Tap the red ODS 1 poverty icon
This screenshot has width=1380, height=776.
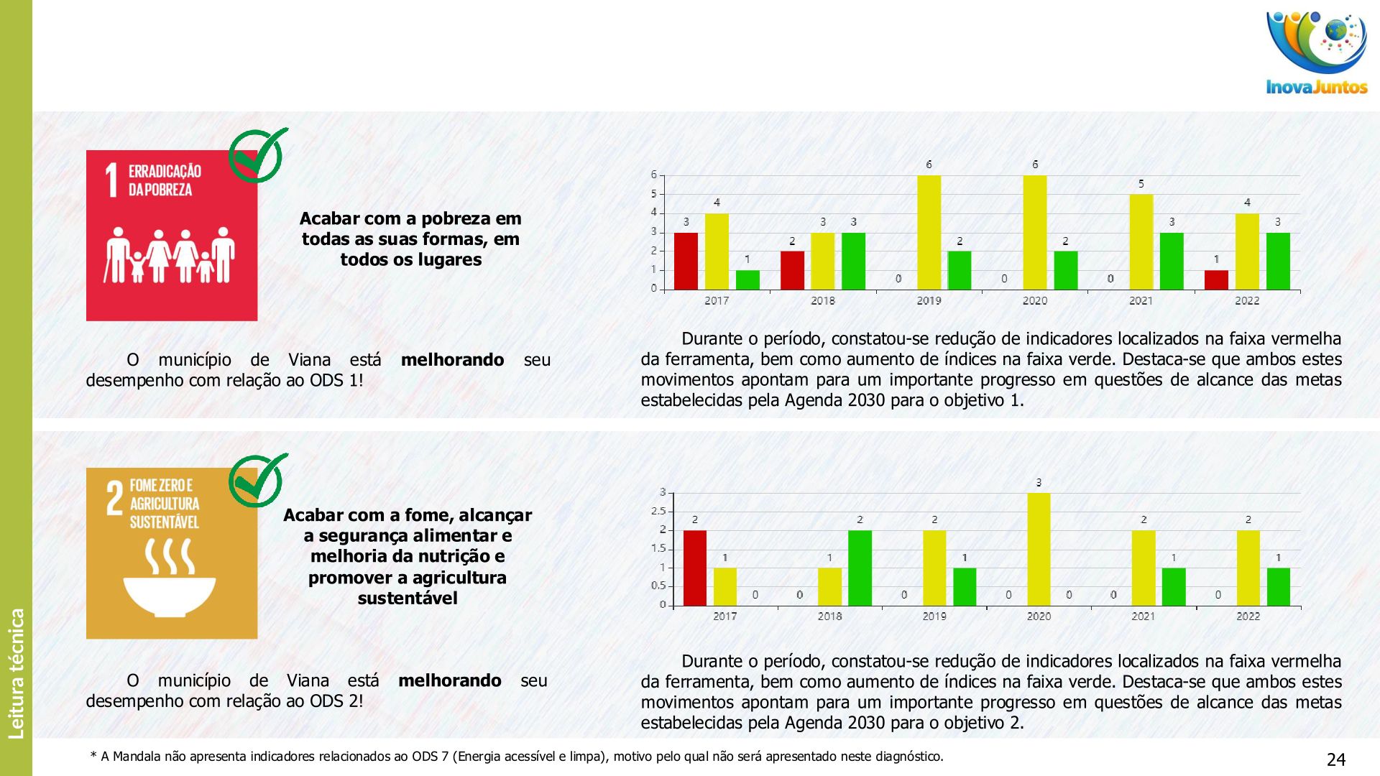coord(171,236)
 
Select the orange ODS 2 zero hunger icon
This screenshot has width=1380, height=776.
coord(171,553)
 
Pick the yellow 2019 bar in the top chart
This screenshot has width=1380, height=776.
coord(929,233)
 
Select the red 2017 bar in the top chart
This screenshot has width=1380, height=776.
coord(686,261)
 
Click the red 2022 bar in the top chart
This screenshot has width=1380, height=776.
coord(1216,280)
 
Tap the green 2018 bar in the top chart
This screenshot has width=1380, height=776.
coord(853,261)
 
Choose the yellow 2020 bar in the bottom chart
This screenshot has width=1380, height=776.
coord(1039,549)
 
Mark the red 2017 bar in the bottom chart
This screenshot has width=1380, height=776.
coord(694,568)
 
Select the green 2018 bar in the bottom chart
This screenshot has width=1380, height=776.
coord(860,568)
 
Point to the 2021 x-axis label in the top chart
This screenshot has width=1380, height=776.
coord(1141,301)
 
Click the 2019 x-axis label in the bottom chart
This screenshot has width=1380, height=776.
coord(934,616)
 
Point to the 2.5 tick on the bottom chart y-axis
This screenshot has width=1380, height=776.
coord(658,512)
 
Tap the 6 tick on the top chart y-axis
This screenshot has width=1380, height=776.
coord(654,175)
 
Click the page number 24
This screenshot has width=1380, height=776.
coord(1335,759)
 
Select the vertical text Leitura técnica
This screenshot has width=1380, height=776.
coord(17,673)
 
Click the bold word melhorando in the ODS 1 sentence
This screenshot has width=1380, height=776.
coord(452,360)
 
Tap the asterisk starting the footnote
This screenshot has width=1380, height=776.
coord(93,756)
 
